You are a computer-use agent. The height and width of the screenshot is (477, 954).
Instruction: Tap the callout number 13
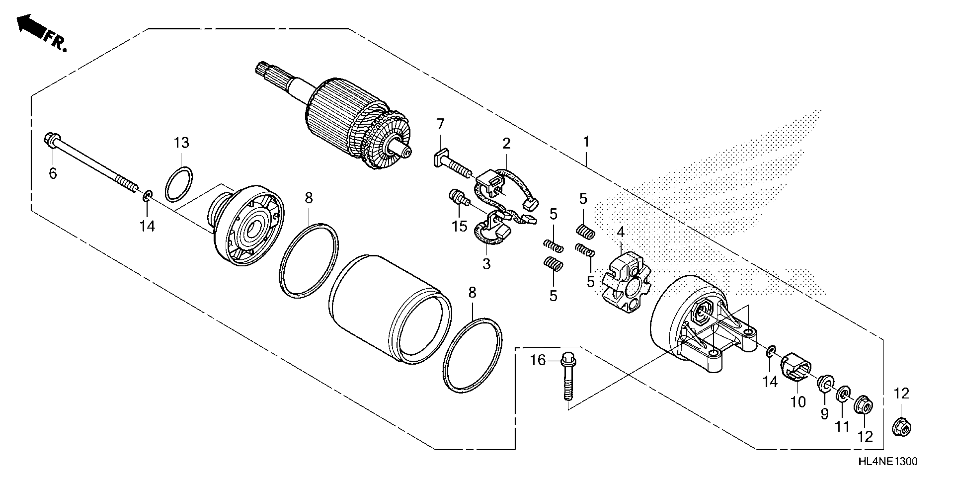pyautogui.click(x=182, y=142)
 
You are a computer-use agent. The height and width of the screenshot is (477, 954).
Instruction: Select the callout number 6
pyautogui.click(x=53, y=173)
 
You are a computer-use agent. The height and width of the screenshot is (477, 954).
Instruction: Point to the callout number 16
pyautogui.click(x=538, y=360)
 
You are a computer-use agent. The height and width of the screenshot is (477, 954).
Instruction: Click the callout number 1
pyautogui.click(x=586, y=141)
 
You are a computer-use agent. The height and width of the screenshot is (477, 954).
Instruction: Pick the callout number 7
pyautogui.click(x=440, y=124)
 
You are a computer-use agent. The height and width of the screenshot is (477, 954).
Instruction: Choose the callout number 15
pyautogui.click(x=459, y=226)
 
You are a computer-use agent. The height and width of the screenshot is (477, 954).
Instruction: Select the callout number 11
pyautogui.click(x=842, y=426)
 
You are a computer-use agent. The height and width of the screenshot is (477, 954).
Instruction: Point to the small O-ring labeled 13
pyautogui.click(x=178, y=184)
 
